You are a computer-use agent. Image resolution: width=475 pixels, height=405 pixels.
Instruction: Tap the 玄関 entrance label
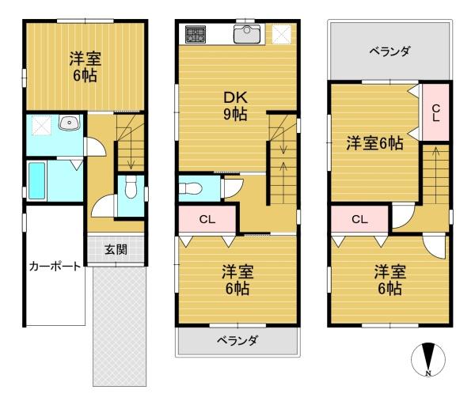(116, 250)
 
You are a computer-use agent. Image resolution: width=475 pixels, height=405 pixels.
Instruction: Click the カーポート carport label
(55, 267)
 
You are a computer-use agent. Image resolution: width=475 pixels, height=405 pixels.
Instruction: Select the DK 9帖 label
(235, 106)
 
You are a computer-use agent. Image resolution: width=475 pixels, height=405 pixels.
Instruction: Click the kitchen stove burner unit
(196, 34)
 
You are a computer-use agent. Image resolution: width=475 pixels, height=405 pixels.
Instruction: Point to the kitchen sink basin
(247, 34)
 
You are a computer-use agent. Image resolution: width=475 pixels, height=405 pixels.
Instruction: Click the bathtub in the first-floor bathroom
(37, 181)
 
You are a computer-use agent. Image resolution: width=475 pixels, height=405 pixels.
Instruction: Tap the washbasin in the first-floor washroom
(70, 123)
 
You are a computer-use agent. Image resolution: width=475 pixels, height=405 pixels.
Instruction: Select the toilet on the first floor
(131, 187)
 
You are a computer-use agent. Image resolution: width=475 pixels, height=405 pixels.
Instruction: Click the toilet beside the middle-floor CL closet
(190, 188)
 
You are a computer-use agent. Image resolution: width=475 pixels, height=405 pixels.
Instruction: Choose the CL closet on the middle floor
(207, 219)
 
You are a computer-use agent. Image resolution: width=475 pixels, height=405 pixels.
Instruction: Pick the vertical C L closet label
(436, 113)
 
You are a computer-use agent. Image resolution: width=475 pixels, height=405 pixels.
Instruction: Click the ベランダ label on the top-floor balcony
(389, 51)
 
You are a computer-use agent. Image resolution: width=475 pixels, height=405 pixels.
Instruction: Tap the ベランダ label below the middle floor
(237, 341)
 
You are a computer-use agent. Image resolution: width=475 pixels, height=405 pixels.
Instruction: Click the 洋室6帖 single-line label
(374, 143)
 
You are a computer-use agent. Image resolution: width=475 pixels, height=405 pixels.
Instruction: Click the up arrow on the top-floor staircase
(435, 175)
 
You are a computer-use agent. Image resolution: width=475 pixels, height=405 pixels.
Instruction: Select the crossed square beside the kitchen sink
(282, 35)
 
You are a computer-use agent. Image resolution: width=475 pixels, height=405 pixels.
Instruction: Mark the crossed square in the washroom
(42, 126)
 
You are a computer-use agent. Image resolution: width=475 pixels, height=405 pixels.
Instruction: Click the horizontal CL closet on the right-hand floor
(360, 219)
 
